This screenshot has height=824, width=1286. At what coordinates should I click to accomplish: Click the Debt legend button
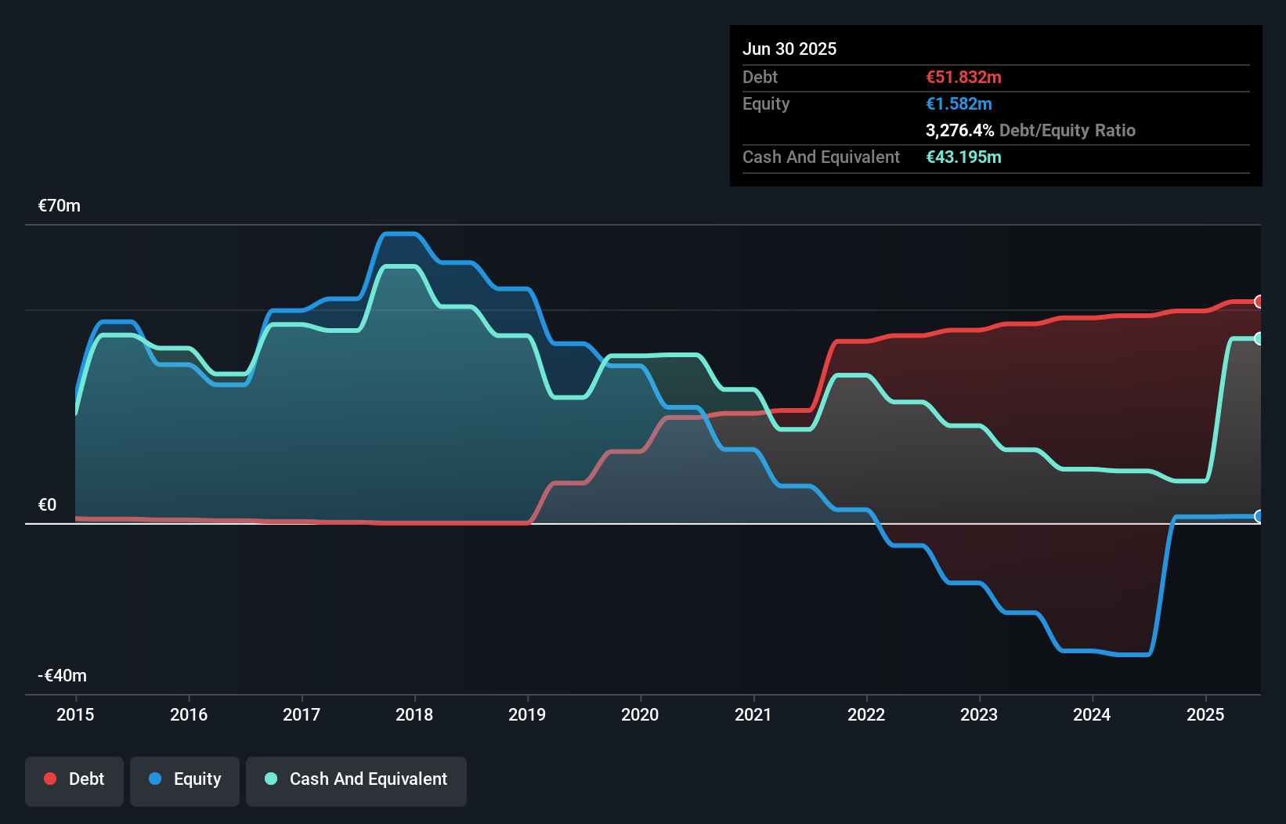coord(74,780)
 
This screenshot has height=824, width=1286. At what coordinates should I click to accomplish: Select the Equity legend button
coord(185,780)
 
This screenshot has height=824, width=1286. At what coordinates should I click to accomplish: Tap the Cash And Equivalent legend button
coord(356,780)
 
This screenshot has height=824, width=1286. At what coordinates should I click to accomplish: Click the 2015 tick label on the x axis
coord(75,714)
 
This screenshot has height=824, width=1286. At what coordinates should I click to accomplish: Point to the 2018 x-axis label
coord(414,714)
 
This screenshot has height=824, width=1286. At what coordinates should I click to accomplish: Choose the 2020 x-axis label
coord(640,714)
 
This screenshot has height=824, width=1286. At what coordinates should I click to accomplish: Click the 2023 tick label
coord(979,714)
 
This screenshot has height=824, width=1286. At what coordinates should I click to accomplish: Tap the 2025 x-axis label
coord(1205,714)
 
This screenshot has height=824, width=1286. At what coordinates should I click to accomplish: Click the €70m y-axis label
coord(60,206)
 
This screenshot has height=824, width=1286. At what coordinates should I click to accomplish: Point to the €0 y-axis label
coord(48,505)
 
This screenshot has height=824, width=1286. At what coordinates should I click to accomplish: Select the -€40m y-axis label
coord(63,675)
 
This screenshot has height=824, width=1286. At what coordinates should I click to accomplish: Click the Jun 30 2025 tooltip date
coord(789,49)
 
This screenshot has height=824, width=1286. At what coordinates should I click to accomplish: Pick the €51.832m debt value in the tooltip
coord(963,78)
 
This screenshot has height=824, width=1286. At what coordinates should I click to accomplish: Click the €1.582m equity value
coord(959,104)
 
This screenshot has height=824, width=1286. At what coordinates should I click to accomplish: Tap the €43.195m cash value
coord(963,157)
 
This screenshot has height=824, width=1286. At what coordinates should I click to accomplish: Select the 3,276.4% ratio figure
coord(959,131)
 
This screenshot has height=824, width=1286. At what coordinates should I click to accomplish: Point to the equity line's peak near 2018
coord(399,233)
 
